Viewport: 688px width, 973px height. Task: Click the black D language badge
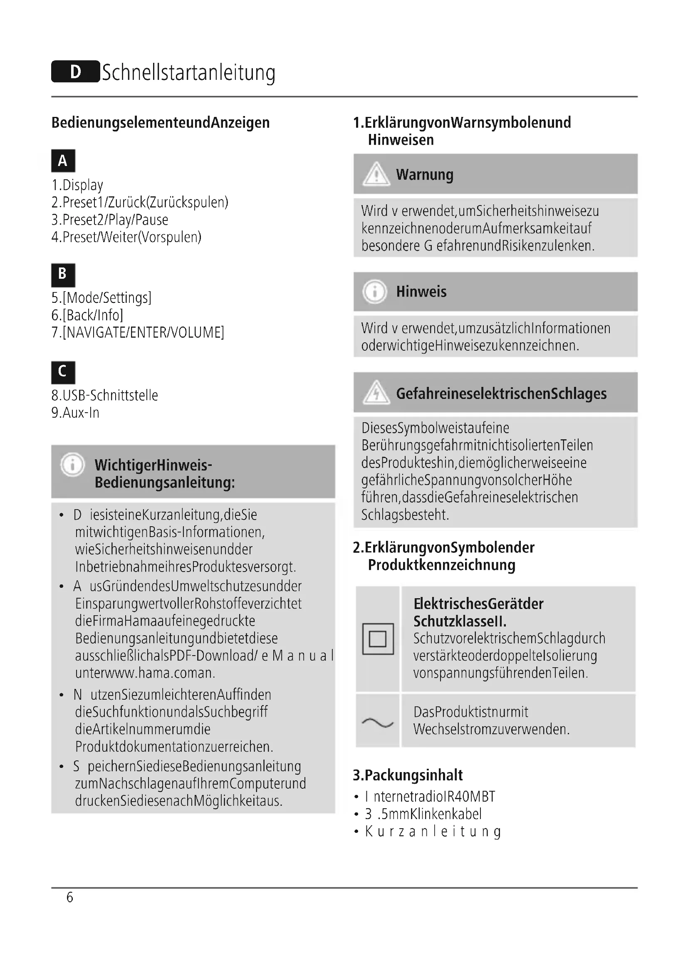tap(75, 72)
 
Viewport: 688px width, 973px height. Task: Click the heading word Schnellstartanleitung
tap(188, 72)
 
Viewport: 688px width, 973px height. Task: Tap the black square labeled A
tap(63, 161)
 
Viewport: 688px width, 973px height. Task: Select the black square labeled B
tap(63, 275)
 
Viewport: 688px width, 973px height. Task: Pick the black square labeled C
tap(63, 372)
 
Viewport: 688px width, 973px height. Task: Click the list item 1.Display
tap(77, 185)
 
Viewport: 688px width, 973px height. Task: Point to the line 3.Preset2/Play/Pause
tap(110, 220)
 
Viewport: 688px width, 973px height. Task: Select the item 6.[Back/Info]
tap(87, 315)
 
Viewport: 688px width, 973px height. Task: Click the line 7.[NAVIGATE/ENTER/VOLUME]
tap(138, 332)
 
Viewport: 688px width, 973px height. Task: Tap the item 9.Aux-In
tap(75, 412)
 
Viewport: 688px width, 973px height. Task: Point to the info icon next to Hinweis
tap(375, 292)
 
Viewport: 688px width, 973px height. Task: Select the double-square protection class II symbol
tap(378, 639)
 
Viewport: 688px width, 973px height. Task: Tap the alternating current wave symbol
tap(378, 723)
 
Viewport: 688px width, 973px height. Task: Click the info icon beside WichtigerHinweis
tap(73, 465)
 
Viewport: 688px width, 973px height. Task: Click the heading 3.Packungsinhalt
tap(408, 775)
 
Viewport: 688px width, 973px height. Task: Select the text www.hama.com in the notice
tap(144, 673)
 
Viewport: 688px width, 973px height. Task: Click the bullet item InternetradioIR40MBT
tap(430, 797)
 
